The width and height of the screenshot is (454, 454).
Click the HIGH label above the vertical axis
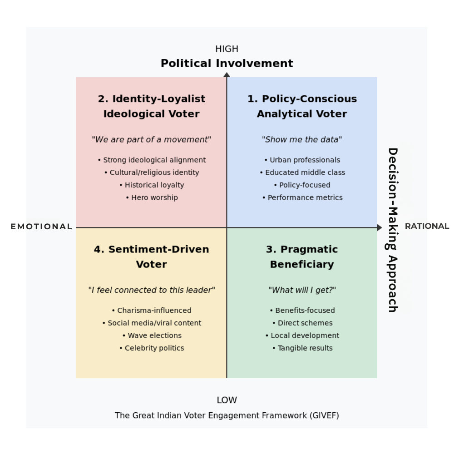[x=227, y=49]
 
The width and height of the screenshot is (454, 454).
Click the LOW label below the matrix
[x=227, y=400]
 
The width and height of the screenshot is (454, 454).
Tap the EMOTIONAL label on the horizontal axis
[x=41, y=227]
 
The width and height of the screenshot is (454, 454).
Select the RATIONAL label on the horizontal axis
[x=427, y=226]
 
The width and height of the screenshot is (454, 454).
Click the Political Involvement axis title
[x=227, y=64]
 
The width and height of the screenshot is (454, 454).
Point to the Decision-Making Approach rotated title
[x=393, y=230]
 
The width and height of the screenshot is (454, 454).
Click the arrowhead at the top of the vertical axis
[x=227, y=75]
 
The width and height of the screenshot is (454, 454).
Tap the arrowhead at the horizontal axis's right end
[x=380, y=227]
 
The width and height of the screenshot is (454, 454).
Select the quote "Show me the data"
[x=302, y=139]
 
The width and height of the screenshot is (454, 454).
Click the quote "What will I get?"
[x=302, y=290]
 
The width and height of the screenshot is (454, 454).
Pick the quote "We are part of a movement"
[x=151, y=139]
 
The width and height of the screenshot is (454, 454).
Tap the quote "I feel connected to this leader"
[x=151, y=290]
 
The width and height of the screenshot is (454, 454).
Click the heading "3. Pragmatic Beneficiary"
[x=302, y=257]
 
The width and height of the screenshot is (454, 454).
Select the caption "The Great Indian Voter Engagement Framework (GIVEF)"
[x=227, y=415]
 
